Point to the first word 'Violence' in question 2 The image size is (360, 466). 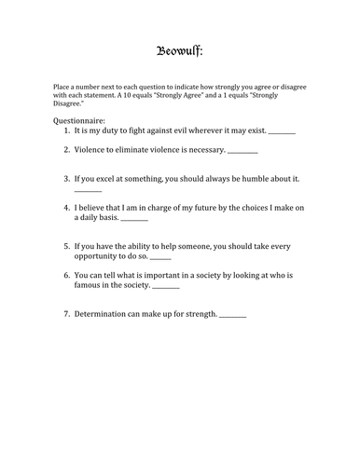[x=91, y=150]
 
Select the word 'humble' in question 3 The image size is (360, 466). [x=250, y=176]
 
